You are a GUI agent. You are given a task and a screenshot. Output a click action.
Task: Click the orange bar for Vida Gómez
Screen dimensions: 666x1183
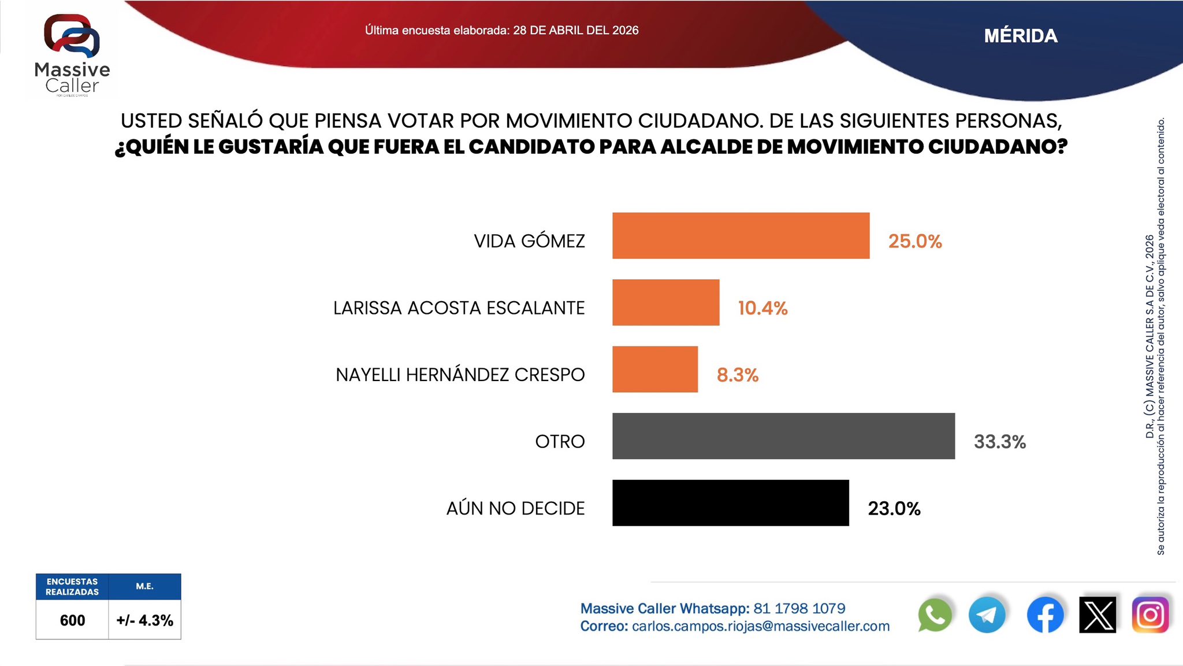(741, 235)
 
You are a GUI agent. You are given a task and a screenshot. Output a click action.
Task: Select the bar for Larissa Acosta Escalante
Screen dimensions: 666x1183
(665, 302)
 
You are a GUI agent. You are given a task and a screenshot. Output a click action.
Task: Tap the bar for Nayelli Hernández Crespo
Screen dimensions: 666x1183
(655, 369)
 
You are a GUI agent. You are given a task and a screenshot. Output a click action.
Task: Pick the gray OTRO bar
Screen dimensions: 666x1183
(783, 436)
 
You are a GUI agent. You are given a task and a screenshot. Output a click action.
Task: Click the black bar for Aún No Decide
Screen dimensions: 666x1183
(731, 503)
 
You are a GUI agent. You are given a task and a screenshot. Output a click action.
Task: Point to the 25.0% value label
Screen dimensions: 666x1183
(915, 241)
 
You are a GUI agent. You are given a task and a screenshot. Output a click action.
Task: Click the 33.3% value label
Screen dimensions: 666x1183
(1000, 442)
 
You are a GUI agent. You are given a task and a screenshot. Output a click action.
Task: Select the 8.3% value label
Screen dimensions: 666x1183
(738, 375)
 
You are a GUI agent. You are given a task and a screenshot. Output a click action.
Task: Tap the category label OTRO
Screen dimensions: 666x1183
(560, 442)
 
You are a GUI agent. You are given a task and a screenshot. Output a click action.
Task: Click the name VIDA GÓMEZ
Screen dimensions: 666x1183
(529, 241)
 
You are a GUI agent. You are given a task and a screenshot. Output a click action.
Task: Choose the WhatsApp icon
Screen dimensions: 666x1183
(935, 615)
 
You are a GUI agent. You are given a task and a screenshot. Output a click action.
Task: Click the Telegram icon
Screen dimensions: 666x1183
(987, 615)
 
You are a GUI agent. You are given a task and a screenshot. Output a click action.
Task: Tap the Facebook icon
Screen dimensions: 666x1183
(1045, 615)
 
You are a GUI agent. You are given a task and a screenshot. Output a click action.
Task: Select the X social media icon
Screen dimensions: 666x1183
(1098, 615)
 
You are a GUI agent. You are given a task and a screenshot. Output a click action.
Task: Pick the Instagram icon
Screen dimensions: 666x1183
(1150, 615)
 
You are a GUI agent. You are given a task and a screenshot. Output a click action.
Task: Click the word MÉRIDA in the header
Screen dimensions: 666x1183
(1021, 36)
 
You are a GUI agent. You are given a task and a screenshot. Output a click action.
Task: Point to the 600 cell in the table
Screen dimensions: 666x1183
(72, 620)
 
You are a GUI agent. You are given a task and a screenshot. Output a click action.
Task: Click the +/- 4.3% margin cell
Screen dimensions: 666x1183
(144, 620)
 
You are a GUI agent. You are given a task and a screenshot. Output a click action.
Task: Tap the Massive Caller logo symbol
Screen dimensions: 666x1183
(72, 36)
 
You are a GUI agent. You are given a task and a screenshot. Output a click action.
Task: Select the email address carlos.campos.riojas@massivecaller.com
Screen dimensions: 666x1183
(761, 627)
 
